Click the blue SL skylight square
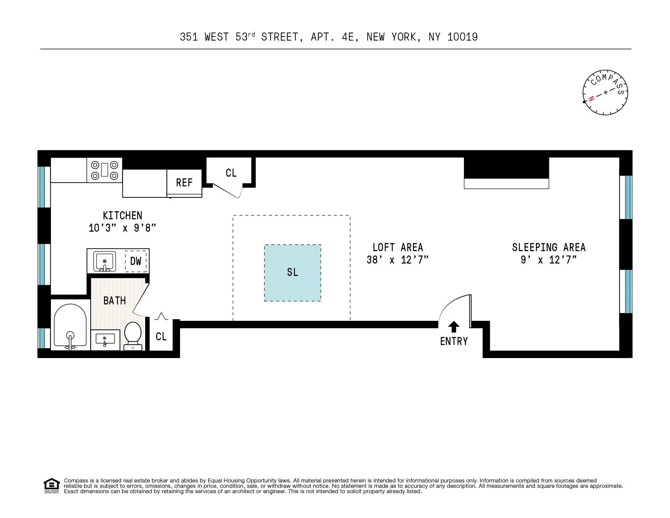(x=292, y=273)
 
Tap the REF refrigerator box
(x=184, y=183)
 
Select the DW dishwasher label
(x=136, y=261)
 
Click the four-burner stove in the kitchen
(x=105, y=170)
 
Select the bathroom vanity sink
(x=105, y=340)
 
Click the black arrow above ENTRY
(x=454, y=327)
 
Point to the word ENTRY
(x=454, y=341)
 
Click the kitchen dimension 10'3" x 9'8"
(x=122, y=228)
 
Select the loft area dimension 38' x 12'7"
(x=398, y=260)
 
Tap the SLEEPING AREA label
(x=549, y=247)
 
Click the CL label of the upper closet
(x=231, y=173)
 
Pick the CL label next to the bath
(x=161, y=337)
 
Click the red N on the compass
(x=591, y=99)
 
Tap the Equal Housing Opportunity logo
(x=51, y=485)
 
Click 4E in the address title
(x=348, y=37)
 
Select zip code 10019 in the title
(x=463, y=37)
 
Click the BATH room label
(x=115, y=301)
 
